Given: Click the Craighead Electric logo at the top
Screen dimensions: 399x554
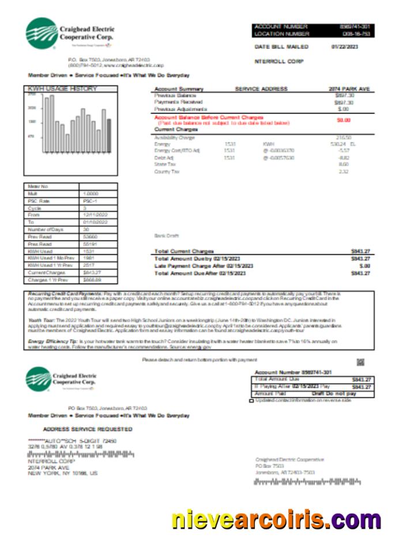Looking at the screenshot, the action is [x=41, y=33].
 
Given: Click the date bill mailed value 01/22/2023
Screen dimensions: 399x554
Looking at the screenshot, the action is [x=344, y=47].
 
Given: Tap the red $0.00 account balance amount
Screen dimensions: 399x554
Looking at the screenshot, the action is [x=343, y=120].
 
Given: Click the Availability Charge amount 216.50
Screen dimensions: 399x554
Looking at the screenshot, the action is [x=344, y=138].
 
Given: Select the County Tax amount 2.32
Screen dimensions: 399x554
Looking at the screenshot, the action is [x=344, y=171].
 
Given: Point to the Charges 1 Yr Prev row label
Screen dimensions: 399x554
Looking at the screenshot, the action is [x=43, y=280].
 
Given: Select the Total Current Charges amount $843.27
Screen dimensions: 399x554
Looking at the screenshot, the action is [x=360, y=252].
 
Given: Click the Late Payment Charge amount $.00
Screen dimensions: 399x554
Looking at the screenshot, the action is [x=364, y=266].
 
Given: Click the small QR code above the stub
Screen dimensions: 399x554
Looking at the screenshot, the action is [x=360, y=362].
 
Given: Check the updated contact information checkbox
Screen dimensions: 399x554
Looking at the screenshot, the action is [x=251, y=400].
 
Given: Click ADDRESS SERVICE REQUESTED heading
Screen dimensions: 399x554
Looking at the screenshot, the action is [x=88, y=429].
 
